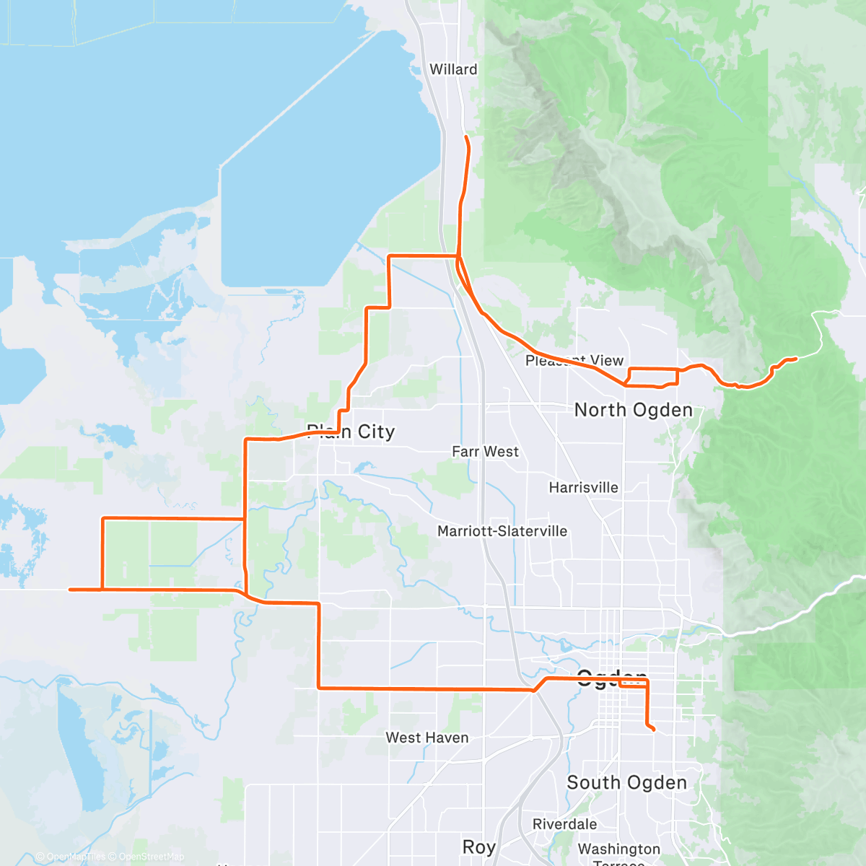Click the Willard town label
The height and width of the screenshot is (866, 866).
click(x=453, y=69)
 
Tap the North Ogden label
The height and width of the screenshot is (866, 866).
click(x=633, y=410)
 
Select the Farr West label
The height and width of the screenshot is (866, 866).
click(x=485, y=452)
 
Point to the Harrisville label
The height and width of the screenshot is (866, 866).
click(x=583, y=488)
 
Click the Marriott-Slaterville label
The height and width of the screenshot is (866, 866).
click(x=502, y=531)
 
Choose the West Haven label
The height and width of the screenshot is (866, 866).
click(x=427, y=738)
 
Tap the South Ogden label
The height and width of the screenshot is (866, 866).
click(x=626, y=783)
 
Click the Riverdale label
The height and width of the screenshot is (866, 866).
click(x=564, y=824)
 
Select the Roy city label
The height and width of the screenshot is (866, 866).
click(x=478, y=847)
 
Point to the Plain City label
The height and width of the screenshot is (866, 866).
click(x=351, y=432)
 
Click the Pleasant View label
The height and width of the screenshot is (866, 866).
click(x=574, y=360)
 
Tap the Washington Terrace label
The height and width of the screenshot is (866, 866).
click(x=618, y=852)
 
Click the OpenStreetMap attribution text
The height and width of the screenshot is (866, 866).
click(x=151, y=857)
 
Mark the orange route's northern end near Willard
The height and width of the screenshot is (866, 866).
click(x=466, y=136)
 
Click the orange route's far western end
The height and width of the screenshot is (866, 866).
click(x=70, y=590)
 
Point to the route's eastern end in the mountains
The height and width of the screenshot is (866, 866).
click(x=795, y=359)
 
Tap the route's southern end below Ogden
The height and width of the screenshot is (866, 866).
click(x=653, y=730)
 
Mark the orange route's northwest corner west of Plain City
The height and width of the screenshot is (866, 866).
click(x=104, y=518)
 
